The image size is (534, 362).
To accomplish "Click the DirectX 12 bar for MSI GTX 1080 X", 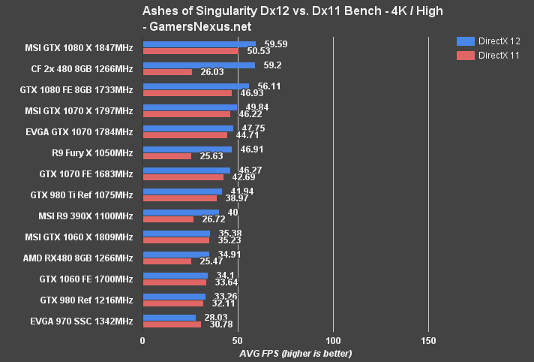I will coord(199,44).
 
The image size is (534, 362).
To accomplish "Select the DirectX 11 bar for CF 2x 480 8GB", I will coord(167,72).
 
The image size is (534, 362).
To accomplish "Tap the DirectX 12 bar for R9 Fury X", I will coord(187,149).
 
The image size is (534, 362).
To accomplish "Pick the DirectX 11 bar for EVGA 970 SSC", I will coord(172,324).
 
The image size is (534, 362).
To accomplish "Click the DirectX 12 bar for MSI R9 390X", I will coord(181,213).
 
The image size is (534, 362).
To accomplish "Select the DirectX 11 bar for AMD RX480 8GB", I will coord(166,261).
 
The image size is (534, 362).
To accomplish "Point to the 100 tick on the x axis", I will coord(333,341).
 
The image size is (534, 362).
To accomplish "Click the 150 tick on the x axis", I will coord(428,341).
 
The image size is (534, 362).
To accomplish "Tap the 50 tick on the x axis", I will coord(238,341).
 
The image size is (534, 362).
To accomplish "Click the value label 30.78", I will coord(219,324).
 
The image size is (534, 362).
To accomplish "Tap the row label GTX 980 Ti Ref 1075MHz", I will coord(81,195).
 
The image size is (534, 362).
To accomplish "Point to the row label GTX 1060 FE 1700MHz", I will coord(85,279).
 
